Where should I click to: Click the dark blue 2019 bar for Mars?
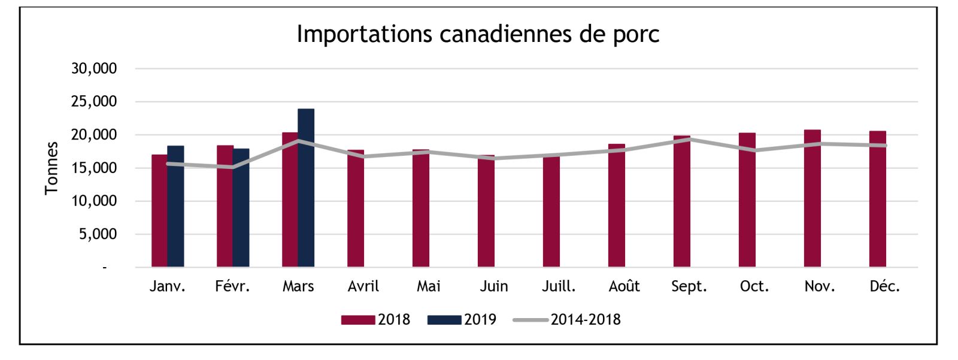[x=306, y=188]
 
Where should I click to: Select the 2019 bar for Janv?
[x=176, y=206]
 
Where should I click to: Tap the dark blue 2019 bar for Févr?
[x=241, y=208]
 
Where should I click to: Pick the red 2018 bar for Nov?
[x=812, y=198]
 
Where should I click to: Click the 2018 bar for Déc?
[x=878, y=199]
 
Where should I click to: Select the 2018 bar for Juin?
[x=486, y=211]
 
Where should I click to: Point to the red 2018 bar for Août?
[x=617, y=205]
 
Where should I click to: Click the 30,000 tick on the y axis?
[x=93, y=68]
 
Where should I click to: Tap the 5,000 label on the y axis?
[x=98, y=234]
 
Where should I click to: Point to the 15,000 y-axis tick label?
[x=93, y=168]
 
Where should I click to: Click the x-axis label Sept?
[x=689, y=286]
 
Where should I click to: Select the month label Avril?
[x=363, y=286]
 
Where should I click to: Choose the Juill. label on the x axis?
[x=559, y=286]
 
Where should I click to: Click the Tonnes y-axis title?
[x=51, y=168]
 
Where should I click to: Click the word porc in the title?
[x=636, y=34]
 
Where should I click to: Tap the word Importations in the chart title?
[x=365, y=34]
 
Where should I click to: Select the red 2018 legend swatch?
[x=358, y=320]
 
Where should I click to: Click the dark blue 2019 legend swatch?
[x=444, y=320]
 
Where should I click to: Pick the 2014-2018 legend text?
[x=586, y=320]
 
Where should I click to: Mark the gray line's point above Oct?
[x=754, y=150]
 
